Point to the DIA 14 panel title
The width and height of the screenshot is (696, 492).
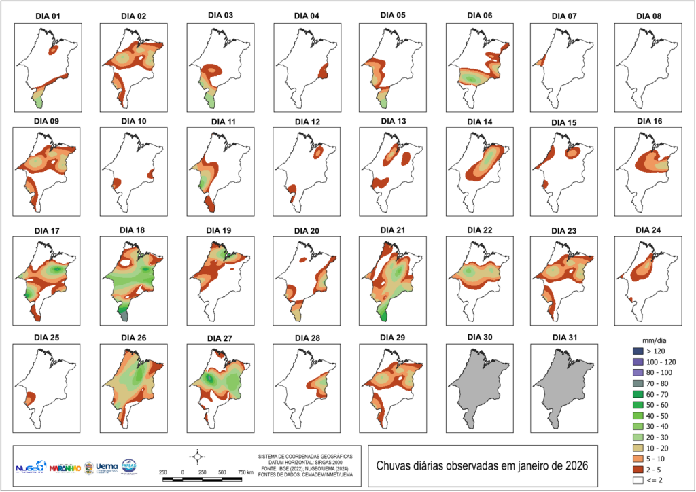[477, 122]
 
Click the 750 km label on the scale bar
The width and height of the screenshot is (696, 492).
[245, 472]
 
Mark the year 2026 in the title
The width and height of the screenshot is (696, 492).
[572, 467]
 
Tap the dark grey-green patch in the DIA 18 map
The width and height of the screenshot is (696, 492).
[123, 313]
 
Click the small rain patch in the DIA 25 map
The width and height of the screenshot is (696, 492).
[30, 399]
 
